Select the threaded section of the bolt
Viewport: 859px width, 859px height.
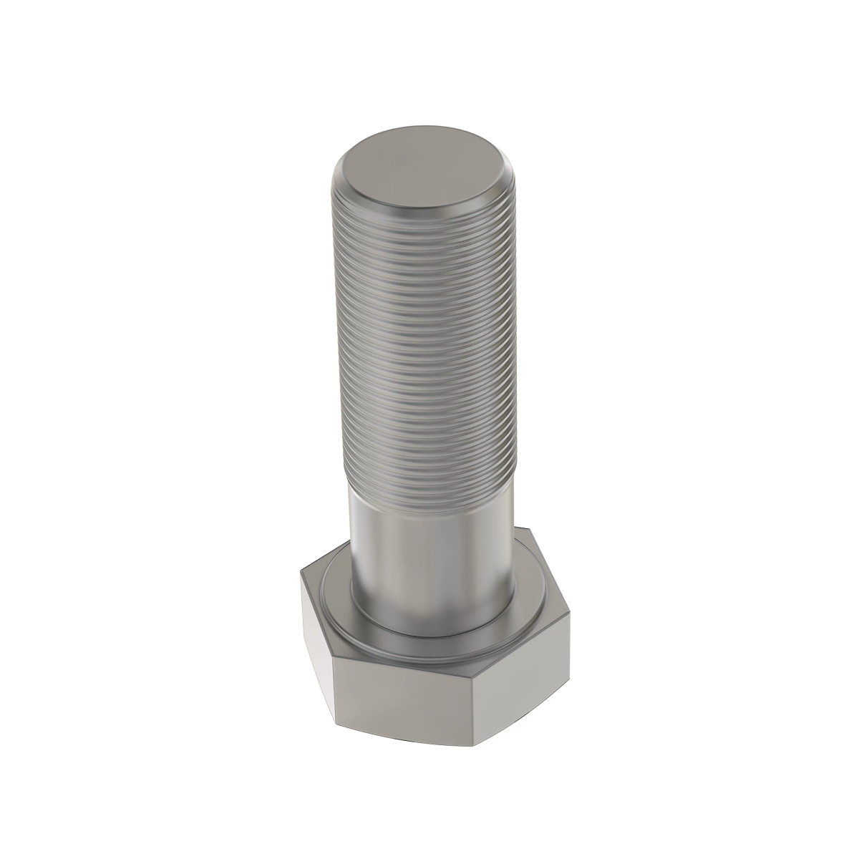[424, 344]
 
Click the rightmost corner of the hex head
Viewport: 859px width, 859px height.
[571, 609]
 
